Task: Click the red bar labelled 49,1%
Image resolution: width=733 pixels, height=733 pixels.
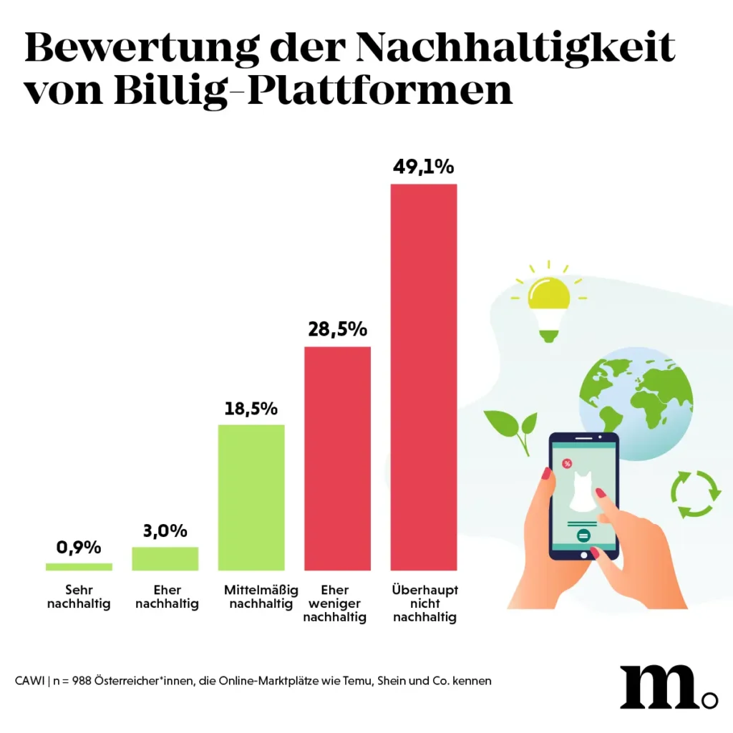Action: point(423,377)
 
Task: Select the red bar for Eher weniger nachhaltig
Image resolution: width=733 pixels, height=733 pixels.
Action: point(337,458)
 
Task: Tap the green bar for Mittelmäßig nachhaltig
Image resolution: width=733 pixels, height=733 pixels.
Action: point(251,497)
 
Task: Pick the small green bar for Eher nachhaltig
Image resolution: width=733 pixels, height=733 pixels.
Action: point(165,558)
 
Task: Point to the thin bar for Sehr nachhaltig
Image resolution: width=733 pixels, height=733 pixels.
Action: point(79,566)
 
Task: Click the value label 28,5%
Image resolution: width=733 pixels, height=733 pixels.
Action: point(337,330)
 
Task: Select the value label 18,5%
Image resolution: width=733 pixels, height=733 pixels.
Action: point(251,409)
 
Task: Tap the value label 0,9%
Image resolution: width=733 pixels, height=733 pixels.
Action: point(79,548)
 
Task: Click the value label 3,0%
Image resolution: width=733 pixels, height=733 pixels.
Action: point(165,531)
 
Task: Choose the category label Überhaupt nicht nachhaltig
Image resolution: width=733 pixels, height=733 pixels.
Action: point(424,604)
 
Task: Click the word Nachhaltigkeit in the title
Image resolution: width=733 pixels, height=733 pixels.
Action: point(515,49)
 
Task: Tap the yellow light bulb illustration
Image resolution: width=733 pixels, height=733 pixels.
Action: point(548,304)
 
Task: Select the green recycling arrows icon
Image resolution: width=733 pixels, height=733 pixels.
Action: point(695,493)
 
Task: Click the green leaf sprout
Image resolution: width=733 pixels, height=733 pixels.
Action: point(513,429)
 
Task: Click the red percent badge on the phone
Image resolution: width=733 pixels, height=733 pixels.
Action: point(567,464)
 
